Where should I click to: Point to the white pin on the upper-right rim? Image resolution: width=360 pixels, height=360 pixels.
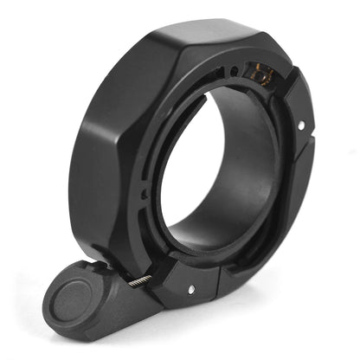[x=300, y=126]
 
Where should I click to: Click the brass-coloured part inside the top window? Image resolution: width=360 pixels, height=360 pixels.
[x=260, y=76]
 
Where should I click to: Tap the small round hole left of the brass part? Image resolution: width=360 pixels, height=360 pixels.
[x=235, y=74]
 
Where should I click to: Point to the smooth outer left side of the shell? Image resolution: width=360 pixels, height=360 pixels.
[x=95, y=173]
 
